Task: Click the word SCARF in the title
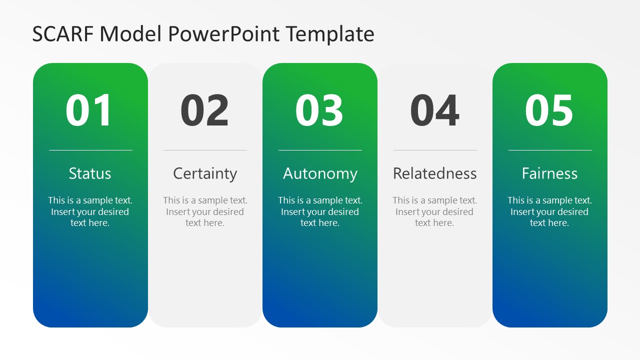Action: click(x=63, y=34)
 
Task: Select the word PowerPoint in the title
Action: click(x=223, y=34)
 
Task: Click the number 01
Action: click(x=88, y=110)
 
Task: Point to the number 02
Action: click(x=204, y=110)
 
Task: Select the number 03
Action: click(x=319, y=110)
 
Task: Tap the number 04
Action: click(x=434, y=110)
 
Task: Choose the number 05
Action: click(x=549, y=110)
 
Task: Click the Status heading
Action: click(x=90, y=173)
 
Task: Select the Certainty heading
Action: click(x=205, y=173)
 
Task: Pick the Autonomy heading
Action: click(x=320, y=173)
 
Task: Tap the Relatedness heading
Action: click(x=435, y=173)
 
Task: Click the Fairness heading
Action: click(x=549, y=173)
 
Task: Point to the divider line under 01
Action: click(x=91, y=150)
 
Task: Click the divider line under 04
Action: click(x=435, y=150)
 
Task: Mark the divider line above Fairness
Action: click(x=550, y=150)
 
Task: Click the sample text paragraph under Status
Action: click(x=90, y=211)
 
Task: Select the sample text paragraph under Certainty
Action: click(x=205, y=211)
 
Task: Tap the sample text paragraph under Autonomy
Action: click(x=320, y=211)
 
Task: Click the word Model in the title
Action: click(x=131, y=34)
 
